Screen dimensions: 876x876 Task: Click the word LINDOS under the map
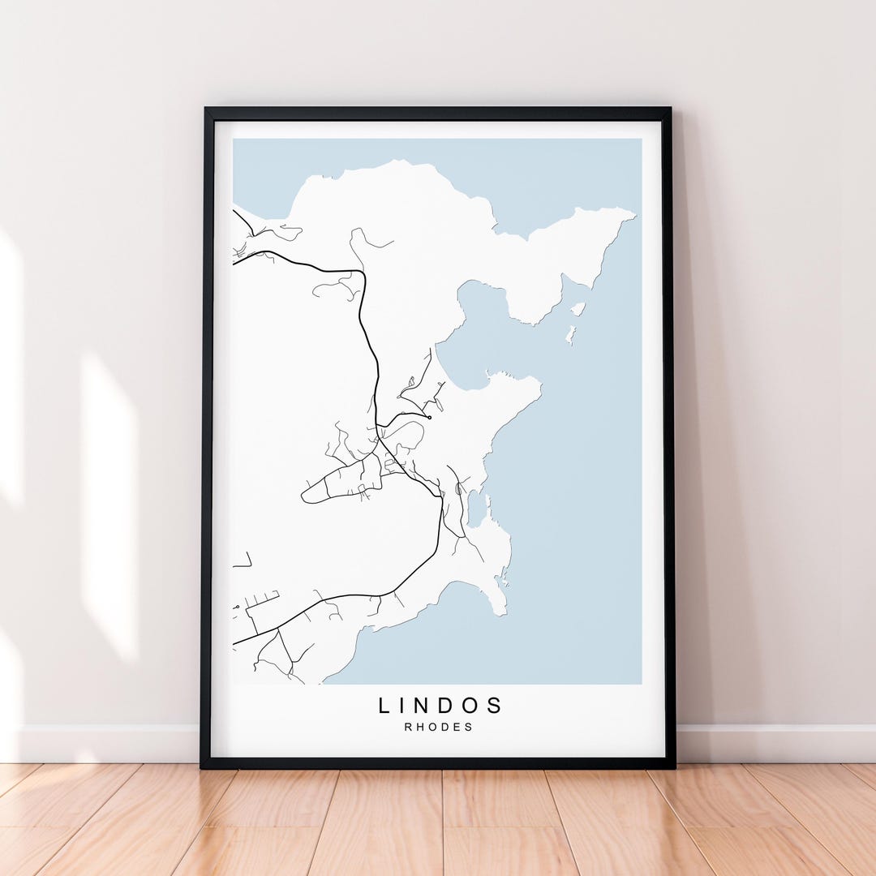point(440,706)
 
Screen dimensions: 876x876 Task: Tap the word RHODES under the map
point(439,727)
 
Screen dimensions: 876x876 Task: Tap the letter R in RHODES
point(408,727)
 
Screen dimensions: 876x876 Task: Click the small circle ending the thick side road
point(428,417)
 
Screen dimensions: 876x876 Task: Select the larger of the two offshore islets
point(578,309)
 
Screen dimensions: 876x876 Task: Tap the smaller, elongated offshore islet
point(571,333)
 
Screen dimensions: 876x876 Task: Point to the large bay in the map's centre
point(479,333)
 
